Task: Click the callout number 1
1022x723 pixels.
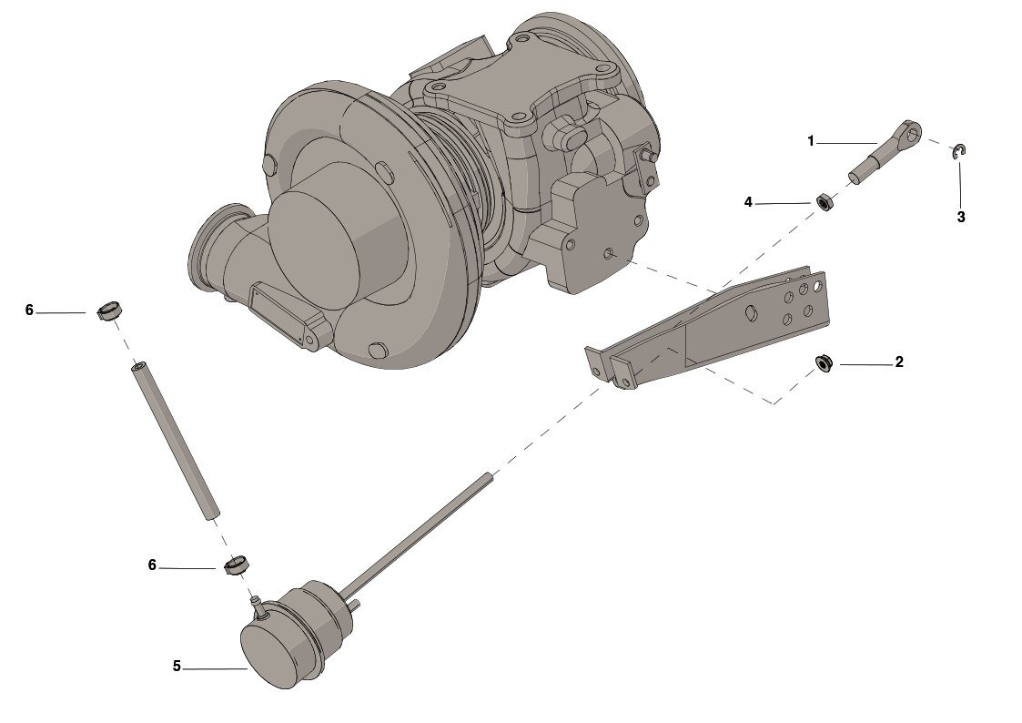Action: (811, 141)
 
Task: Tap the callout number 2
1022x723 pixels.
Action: (899, 361)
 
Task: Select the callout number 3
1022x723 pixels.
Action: (961, 217)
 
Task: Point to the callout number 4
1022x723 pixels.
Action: (748, 203)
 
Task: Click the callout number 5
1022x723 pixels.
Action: (177, 667)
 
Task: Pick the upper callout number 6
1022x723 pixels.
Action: (29, 311)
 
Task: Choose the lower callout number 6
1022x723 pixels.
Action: (152, 565)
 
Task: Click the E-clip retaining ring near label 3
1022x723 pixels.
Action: (959, 150)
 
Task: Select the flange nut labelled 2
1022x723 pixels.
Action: (825, 363)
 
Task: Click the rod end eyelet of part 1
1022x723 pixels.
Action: (912, 132)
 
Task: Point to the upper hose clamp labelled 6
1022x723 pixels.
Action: (110, 311)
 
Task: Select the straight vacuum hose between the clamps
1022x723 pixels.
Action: (176, 441)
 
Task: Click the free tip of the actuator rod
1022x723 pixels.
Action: (491, 475)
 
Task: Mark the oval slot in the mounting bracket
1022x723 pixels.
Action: (751, 311)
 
